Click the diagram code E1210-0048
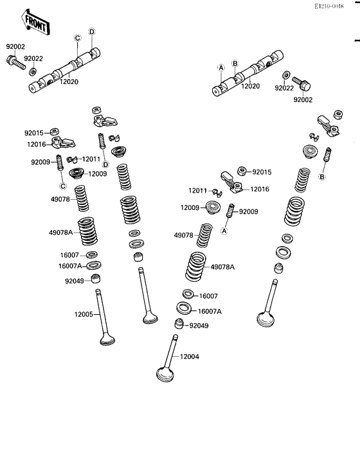[329, 6]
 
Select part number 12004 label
[190, 356]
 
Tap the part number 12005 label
[84, 314]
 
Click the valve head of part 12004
[165, 374]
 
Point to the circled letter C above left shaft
[77, 38]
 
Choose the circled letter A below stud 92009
[224, 230]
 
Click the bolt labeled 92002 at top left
[15, 62]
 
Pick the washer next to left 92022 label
[33, 71]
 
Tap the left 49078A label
[61, 232]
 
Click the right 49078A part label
[222, 267]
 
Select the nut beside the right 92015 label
[242, 170]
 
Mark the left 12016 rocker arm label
[37, 145]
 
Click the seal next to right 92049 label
[179, 324]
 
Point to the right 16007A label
[210, 311]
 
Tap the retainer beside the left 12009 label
[78, 173]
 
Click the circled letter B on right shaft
[235, 63]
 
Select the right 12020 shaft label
[250, 86]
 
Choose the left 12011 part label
[91, 159]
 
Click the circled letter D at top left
[92, 31]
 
